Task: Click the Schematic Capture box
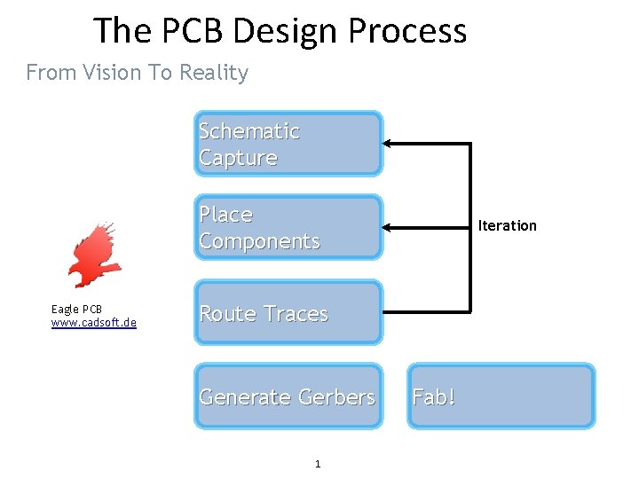tap(288, 144)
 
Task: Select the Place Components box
tap(288, 227)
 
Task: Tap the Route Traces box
tap(288, 313)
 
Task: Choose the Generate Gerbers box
tap(288, 397)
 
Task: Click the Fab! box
tap(501, 397)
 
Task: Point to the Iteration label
tap(507, 225)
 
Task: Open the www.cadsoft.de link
tap(94, 322)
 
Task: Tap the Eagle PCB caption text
tap(76, 309)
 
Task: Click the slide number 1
tap(318, 464)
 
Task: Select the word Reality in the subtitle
tap(213, 73)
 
